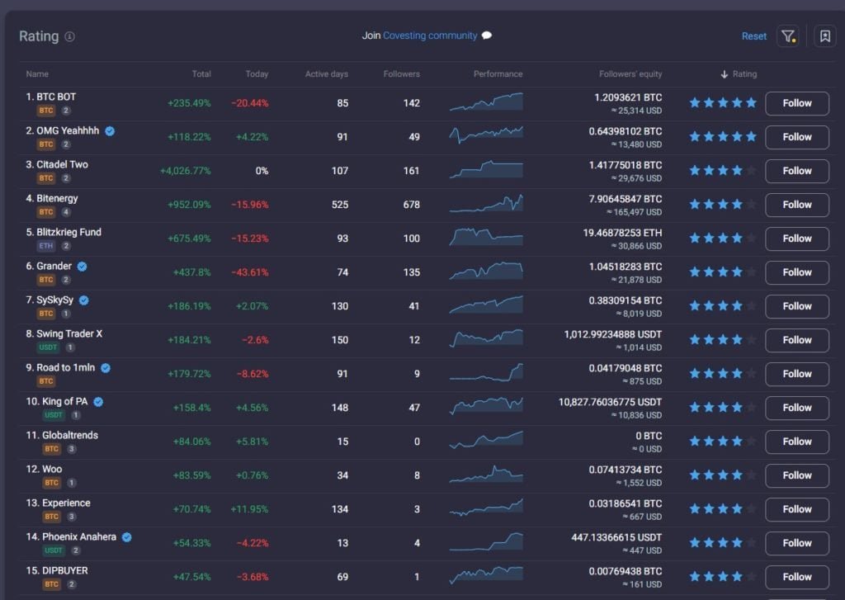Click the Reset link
(x=754, y=36)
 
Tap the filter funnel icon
(x=788, y=36)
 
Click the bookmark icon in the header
(x=824, y=36)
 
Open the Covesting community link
(x=430, y=35)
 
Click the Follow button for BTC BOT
(x=797, y=103)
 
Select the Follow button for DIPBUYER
(x=797, y=577)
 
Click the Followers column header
(x=402, y=73)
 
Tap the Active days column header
(x=327, y=73)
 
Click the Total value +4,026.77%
(x=186, y=171)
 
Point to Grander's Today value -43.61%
(x=250, y=272)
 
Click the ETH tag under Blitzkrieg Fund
(x=46, y=246)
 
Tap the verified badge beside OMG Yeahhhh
(x=110, y=131)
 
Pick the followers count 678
(x=411, y=205)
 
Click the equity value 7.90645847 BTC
(x=625, y=199)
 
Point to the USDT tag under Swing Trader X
(x=48, y=347)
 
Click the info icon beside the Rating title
(x=69, y=36)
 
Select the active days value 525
(x=339, y=205)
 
